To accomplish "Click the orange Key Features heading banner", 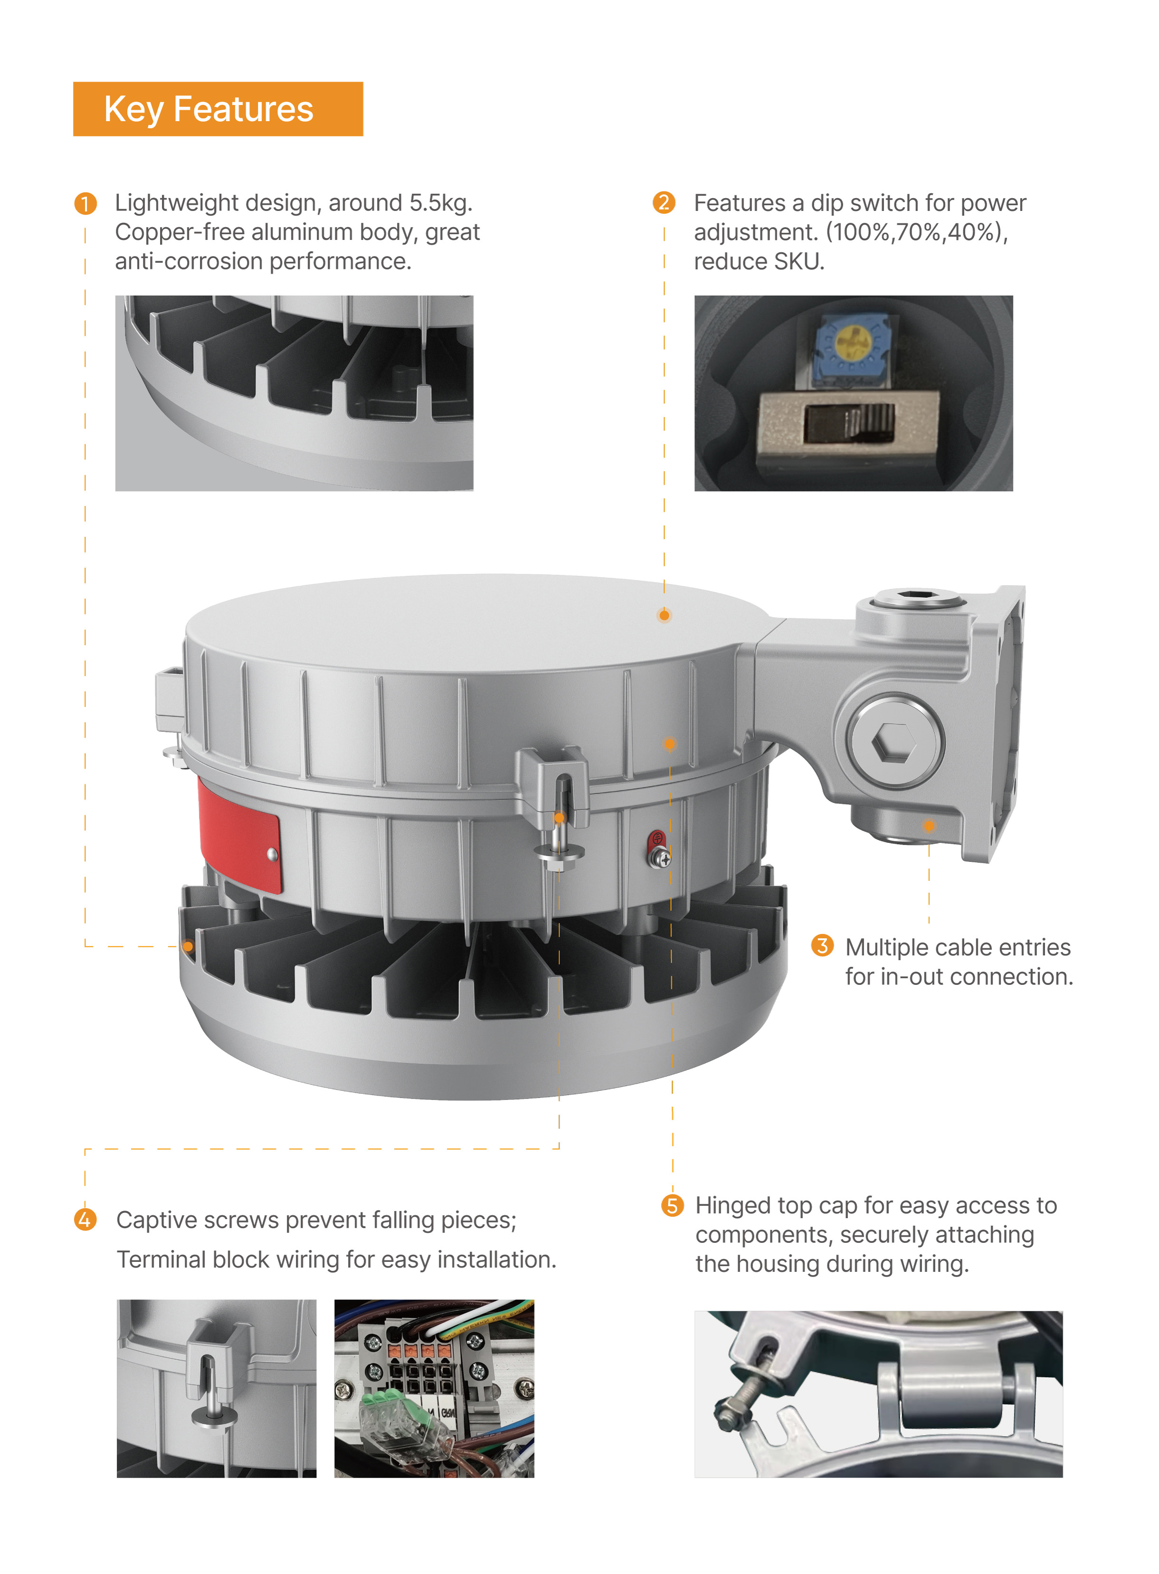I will (218, 109).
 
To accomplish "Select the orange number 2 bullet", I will (664, 203).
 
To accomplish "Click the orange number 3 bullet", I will (822, 945).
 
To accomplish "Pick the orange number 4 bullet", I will (85, 1220).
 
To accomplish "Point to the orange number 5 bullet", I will (672, 1206).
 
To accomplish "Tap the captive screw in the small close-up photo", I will (210, 1396).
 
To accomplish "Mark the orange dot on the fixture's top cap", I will (664, 615).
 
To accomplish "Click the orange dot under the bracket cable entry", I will (929, 826).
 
